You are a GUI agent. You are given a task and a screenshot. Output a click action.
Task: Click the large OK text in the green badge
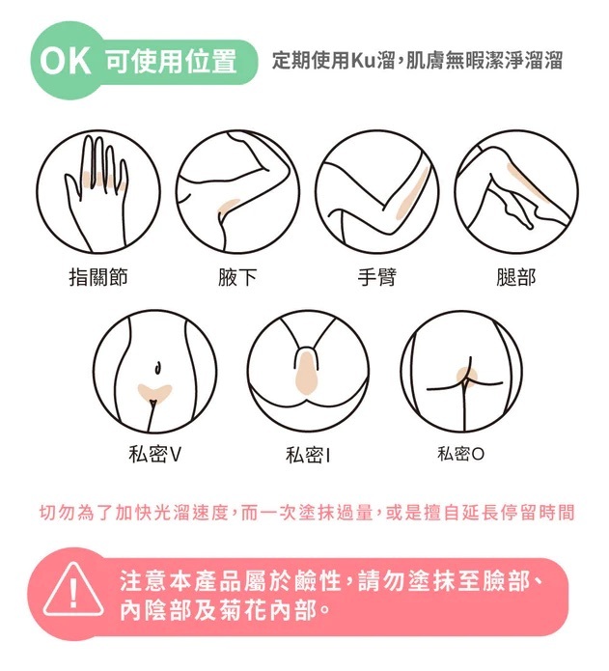[65, 61]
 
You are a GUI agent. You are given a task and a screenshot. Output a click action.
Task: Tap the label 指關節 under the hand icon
[98, 277]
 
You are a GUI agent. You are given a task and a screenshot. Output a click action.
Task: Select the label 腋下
[236, 277]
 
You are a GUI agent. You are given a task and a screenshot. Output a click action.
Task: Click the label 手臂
[377, 277]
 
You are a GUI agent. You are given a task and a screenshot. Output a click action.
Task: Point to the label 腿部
[515, 277]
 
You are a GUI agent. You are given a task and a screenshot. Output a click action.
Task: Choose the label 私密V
[154, 454]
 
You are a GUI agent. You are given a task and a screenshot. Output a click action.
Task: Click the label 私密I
[308, 455]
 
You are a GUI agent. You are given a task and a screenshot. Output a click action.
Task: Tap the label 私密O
[460, 454]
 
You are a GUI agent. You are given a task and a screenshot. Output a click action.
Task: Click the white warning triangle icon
[73, 590]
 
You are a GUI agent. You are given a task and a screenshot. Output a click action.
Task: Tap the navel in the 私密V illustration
[158, 368]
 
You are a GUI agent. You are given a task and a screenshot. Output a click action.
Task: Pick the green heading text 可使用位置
[171, 61]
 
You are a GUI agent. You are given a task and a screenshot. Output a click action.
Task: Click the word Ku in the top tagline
[363, 61]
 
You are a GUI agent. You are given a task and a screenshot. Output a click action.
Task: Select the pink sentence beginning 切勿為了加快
[306, 513]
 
